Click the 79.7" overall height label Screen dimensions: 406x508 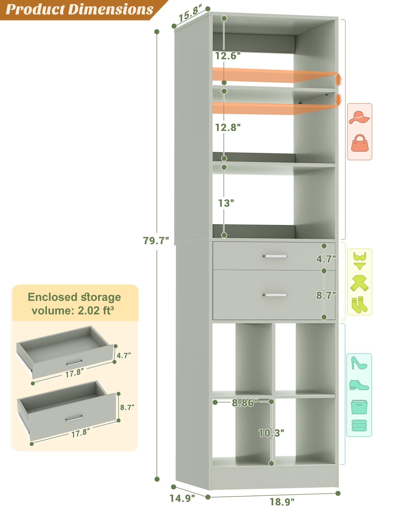click(156, 240)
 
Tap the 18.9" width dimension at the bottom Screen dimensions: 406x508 click(282, 502)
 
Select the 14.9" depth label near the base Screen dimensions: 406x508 click(182, 498)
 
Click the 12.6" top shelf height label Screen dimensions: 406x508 click(228, 56)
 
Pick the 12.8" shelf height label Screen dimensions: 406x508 click(228, 127)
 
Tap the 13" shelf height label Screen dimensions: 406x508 click(226, 203)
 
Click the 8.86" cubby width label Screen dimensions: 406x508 click(245, 403)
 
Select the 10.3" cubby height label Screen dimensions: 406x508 click(271, 433)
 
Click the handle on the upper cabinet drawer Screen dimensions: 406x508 click(275, 256)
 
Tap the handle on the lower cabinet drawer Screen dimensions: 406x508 click(275, 295)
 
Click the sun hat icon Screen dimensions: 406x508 click(359, 117)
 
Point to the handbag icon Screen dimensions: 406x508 click(360, 143)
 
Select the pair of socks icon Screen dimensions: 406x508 click(359, 305)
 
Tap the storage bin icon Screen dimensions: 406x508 click(359, 407)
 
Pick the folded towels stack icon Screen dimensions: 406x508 click(359, 425)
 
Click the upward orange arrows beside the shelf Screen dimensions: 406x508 click(338, 80)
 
